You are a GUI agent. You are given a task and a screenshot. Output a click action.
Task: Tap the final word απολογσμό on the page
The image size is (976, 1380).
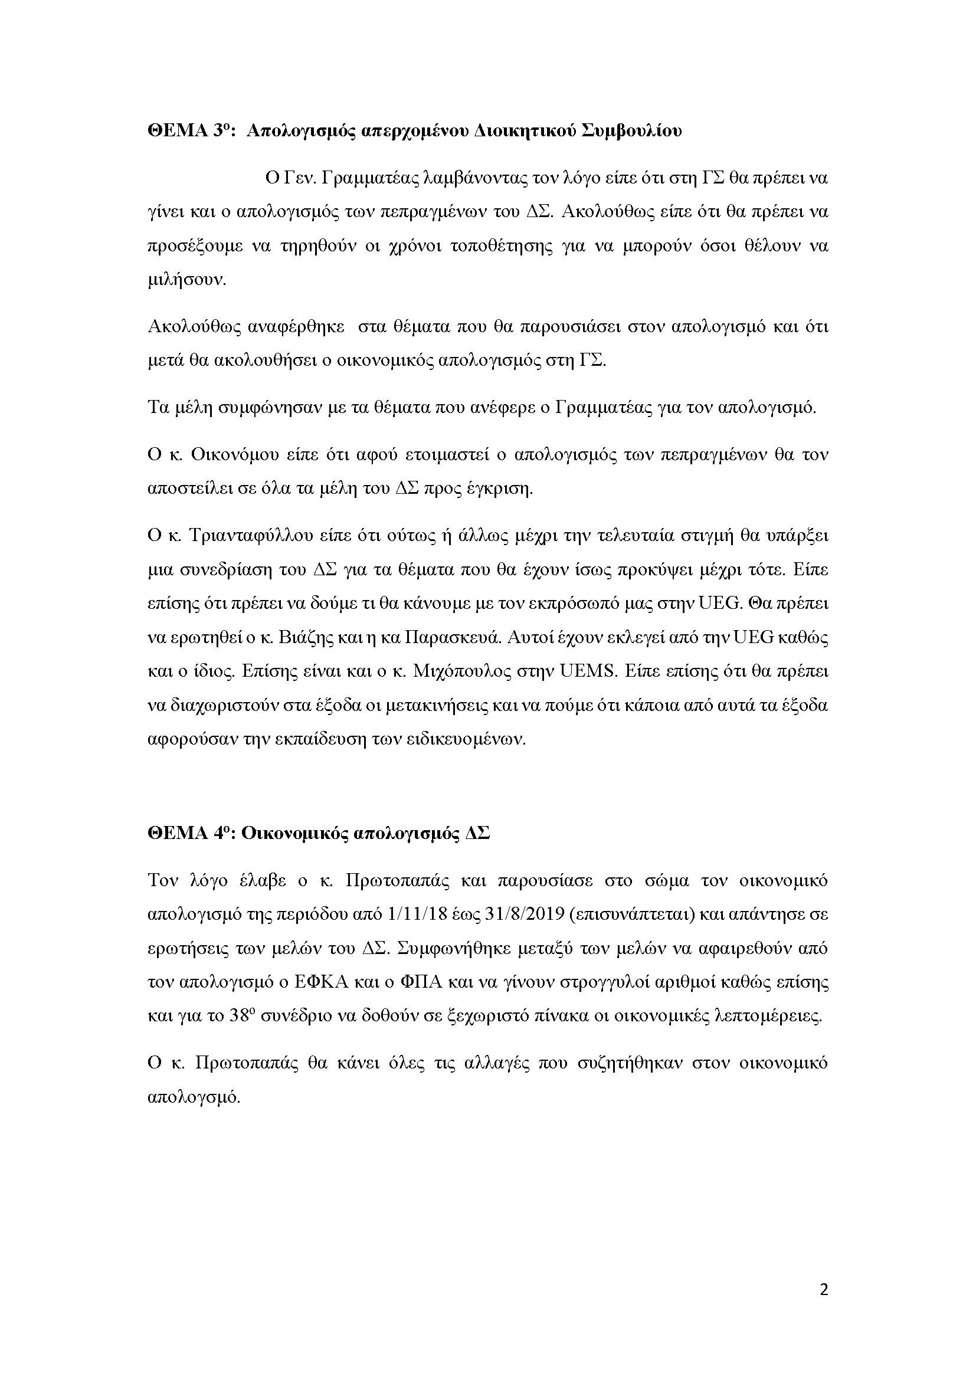point(193,1096)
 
